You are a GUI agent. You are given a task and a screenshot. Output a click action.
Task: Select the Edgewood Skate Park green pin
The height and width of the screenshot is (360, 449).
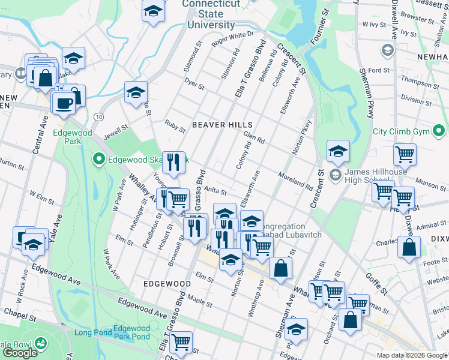point(99,159)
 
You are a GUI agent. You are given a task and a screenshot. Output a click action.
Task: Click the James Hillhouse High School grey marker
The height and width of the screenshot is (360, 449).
point(334,175)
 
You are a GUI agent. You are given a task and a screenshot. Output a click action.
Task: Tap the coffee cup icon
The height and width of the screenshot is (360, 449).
point(63,102)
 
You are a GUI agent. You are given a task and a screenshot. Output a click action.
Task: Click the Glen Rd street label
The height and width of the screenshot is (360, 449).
point(254,137)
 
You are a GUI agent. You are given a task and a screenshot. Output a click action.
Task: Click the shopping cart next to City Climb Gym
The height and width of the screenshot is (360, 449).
point(405,154)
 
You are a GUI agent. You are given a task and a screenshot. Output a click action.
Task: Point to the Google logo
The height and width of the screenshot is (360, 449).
point(20,353)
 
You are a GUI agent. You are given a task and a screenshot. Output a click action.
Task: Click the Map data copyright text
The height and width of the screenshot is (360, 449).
point(411,355)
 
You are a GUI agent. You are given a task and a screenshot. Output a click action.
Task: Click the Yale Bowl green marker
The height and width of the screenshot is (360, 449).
point(41,343)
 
